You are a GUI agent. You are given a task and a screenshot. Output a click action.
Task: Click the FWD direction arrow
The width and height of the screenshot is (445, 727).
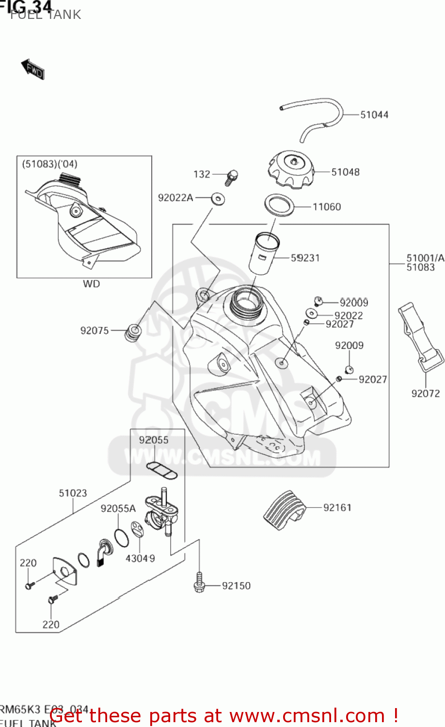32,69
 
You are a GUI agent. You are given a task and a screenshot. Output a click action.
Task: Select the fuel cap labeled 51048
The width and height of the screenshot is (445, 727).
290,169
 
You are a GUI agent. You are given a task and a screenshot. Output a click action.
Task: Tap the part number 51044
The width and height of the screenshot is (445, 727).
374,115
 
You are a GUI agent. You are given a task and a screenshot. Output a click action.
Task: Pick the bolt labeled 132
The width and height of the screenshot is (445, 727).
232,177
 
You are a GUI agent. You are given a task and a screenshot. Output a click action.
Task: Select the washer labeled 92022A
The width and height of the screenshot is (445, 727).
218,198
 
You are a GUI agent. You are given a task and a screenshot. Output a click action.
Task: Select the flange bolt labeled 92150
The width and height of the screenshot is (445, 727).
199,583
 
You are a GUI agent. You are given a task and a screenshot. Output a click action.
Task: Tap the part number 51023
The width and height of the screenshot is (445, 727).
73,493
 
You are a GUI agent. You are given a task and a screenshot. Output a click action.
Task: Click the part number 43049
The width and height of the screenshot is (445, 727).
140,558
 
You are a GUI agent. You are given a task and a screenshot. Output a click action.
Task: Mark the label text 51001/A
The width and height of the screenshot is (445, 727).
425,258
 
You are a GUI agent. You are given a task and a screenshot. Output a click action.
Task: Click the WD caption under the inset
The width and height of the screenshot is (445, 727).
91,284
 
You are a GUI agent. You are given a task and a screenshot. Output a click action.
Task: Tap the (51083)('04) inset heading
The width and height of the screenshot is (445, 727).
49,164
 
